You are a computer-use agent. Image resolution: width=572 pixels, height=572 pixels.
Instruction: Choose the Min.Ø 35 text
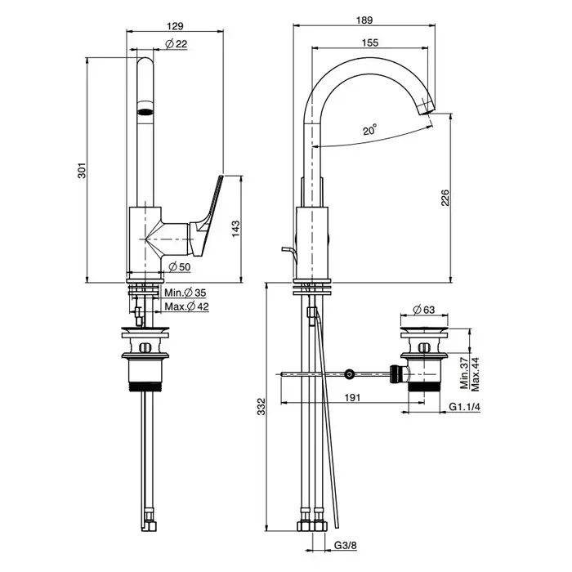coord(185,293)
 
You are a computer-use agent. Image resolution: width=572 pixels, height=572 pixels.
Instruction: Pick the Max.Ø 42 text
coord(186,306)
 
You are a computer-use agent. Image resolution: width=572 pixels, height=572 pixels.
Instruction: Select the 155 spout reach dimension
coord(369,45)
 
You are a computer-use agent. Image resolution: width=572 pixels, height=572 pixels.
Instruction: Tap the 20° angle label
coord(369,130)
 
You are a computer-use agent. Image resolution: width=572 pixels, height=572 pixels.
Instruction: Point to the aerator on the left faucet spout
coord(145,111)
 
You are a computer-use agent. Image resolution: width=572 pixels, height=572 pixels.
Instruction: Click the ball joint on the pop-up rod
coord(350,373)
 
